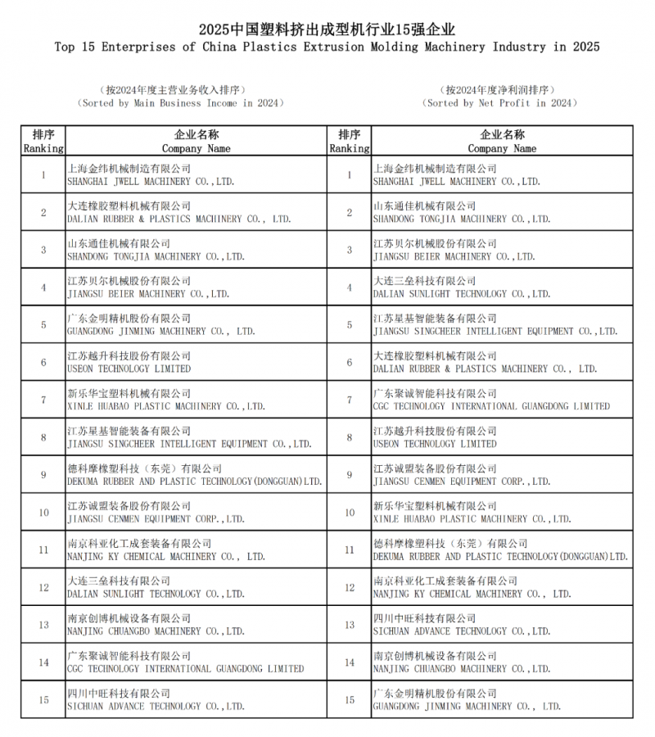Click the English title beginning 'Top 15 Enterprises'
pyautogui.click(x=327, y=47)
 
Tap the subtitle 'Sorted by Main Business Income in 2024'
pyautogui.click(x=181, y=103)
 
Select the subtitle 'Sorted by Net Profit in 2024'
pyautogui.click(x=500, y=103)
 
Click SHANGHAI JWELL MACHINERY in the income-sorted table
pyautogui.click(x=151, y=182)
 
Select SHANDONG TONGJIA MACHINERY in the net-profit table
pyautogui.click(x=461, y=219)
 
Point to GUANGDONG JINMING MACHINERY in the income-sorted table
pyautogui.click(x=160, y=332)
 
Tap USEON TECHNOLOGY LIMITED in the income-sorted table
pyautogui.click(x=129, y=369)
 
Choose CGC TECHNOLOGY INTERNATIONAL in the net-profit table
pyautogui.click(x=491, y=406)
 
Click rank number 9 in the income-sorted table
pyautogui.click(x=43, y=475)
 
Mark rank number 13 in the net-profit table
pyautogui.click(x=350, y=625)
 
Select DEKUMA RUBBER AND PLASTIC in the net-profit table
pyautogui.click(x=500, y=557)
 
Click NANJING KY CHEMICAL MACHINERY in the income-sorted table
pyautogui.click(x=165, y=557)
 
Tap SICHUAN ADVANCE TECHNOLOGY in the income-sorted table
pyautogui.click(x=156, y=707)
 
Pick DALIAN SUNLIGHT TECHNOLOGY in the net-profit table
pyautogui.click(x=461, y=294)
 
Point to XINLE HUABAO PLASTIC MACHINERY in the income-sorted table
pyautogui.click(x=165, y=406)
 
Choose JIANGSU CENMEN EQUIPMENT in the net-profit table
pyautogui.click(x=461, y=482)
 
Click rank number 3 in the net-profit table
pyautogui.click(x=350, y=250)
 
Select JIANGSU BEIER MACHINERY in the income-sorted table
pyautogui.click(x=147, y=294)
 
